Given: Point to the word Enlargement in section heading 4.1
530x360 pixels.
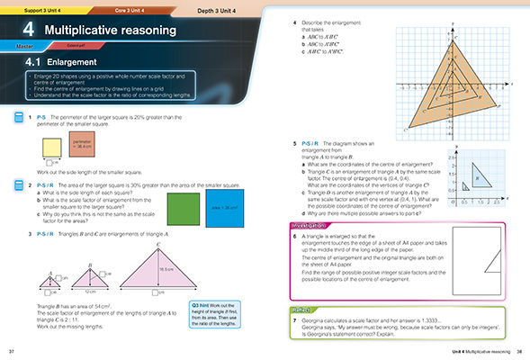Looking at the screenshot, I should point(68,64).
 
